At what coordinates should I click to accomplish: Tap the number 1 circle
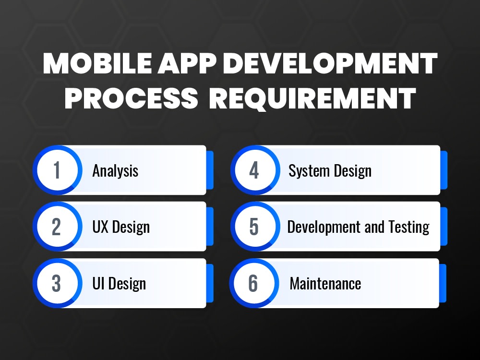click(57, 170)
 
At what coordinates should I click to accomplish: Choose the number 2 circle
click(57, 227)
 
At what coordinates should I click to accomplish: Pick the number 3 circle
click(57, 283)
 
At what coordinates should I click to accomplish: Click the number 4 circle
click(254, 170)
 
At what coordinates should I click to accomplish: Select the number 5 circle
click(254, 227)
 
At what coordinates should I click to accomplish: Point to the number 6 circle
click(253, 283)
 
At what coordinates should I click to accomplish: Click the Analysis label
click(115, 171)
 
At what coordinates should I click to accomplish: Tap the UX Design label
click(121, 227)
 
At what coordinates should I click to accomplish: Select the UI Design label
click(119, 284)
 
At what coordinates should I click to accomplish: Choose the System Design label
click(330, 171)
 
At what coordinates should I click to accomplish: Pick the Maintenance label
click(325, 284)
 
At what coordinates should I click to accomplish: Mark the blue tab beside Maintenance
click(443, 283)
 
